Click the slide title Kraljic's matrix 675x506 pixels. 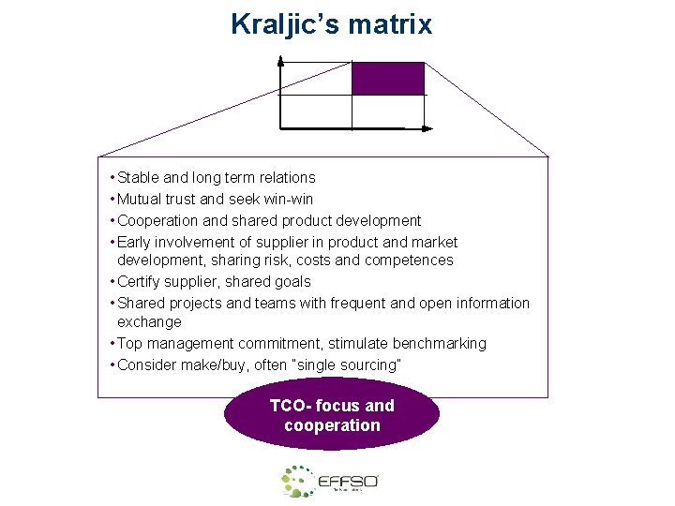coord(331,23)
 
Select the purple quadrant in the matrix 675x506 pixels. coord(387,79)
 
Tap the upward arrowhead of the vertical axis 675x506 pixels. coord(280,62)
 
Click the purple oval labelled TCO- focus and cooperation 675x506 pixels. coord(331,415)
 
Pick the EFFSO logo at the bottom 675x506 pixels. coord(330,482)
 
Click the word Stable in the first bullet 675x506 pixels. coord(138,177)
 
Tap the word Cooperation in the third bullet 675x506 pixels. coord(157,220)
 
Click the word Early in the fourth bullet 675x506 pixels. coord(135,242)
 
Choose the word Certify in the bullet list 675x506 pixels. coord(141,281)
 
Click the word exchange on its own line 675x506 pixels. coord(149,321)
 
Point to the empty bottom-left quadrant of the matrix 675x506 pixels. coord(316,112)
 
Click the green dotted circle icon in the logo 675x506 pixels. coord(298,481)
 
